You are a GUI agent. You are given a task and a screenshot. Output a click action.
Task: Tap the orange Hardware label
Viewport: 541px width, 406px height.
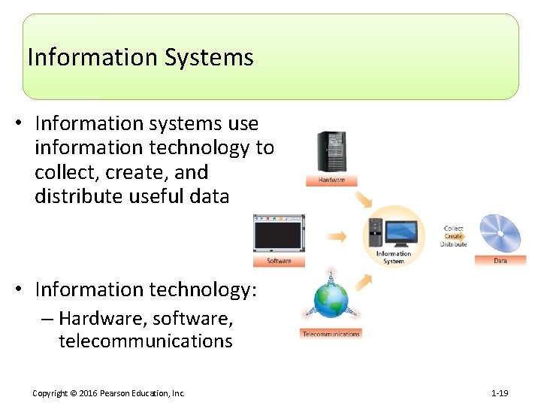[331, 181]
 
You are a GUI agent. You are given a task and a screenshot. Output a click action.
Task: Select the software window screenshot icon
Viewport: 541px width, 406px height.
[279, 235]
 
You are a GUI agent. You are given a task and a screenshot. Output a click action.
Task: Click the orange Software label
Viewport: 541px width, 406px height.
[279, 262]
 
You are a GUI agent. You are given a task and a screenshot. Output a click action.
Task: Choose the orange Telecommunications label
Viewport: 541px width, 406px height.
[331, 334]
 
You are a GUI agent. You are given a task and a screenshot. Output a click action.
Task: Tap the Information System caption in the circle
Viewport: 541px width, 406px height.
[394, 258]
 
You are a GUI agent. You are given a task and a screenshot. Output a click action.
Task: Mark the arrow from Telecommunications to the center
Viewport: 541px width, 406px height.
[364, 281]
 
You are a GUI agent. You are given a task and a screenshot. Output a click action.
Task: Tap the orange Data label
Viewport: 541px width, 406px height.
[500, 261]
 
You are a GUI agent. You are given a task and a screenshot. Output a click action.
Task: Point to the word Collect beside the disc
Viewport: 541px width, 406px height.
[454, 229]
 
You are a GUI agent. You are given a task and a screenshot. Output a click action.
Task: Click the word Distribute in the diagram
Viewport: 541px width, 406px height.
[454, 244]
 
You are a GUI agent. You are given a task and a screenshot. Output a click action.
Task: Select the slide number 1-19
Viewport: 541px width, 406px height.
[500, 393]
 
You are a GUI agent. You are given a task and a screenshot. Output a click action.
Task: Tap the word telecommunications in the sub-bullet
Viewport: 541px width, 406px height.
[146, 341]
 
